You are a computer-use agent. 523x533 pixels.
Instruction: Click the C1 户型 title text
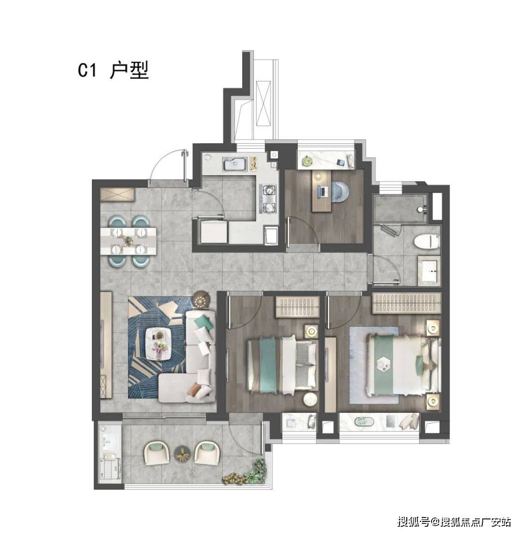[x=113, y=71]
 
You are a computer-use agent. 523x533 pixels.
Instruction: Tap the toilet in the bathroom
[x=427, y=242]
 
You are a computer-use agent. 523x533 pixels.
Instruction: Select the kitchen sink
[x=235, y=164]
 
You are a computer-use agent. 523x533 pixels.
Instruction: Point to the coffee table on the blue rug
[x=158, y=343]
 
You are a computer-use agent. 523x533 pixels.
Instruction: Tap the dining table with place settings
[x=128, y=241]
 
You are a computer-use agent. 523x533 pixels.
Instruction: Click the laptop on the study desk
[x=323, y=192]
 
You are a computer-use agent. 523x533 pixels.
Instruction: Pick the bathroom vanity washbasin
[x=429, y=271]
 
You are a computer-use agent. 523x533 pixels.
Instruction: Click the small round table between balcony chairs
[x=183, y=454]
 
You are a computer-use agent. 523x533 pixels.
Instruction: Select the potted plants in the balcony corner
[x=246, y=473]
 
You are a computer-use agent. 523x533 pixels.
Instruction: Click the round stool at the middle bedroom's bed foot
[x=310, y=399]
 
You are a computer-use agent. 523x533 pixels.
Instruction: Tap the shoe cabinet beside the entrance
[x=117, y=195]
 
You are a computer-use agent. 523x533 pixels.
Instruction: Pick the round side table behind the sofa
[x=200, y=300]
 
